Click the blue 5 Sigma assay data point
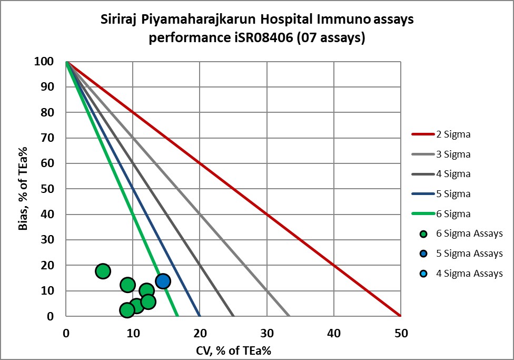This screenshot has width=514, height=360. pyautogui.click(x=163, y=281)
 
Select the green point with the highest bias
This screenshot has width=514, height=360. pyautogui.click(x=103, y=271)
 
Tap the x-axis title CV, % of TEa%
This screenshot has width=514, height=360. pyautogui.click(x=233, y=350)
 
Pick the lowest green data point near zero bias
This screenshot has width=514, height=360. pyautogui.click(x=127, y=310)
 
